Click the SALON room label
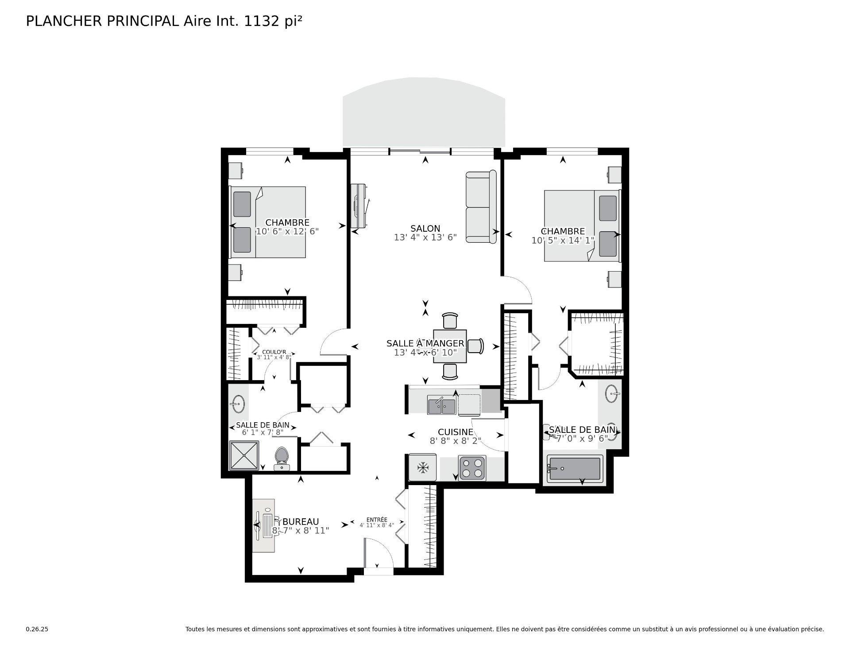point(425,229)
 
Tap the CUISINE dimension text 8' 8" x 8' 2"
point(455,441)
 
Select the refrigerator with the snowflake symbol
point(423,467)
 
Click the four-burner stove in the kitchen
point(472,468)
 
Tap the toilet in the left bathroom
point(282,458)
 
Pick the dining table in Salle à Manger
point(450,346)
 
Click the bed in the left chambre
point(268,222)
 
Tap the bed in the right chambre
point(581,226)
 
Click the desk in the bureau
point(264,525)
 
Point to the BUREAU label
point(300,522)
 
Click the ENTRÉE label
point(377,520)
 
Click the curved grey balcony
point(424,113)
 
